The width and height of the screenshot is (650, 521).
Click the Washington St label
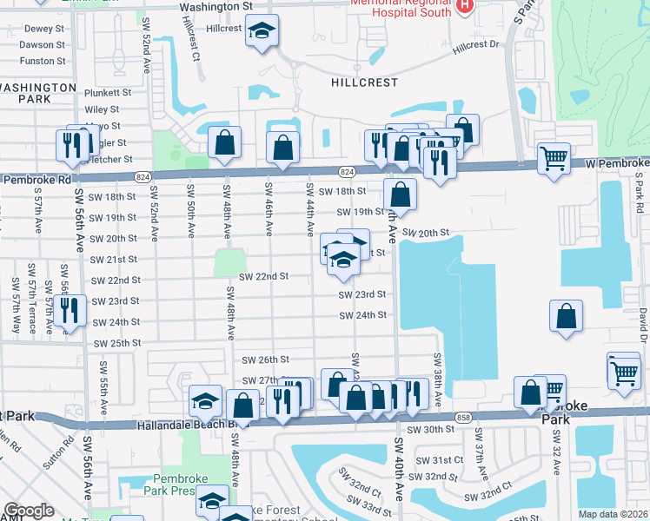tap(216, 6)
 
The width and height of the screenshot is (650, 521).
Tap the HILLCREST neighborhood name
tap(365, 82)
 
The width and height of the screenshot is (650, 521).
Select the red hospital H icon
tap(464, 6)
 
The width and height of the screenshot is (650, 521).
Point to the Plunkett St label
tap(108, 92)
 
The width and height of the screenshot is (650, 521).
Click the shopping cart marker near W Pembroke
tap(554, 159)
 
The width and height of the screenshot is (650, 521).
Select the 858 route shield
tap(463, 418)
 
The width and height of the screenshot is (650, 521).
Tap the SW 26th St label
tap(264, 359)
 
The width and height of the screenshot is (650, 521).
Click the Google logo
tap(29, 511)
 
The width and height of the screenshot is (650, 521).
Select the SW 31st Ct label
tap(440, 459)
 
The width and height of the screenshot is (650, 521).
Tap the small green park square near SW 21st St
tap(231, 261)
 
